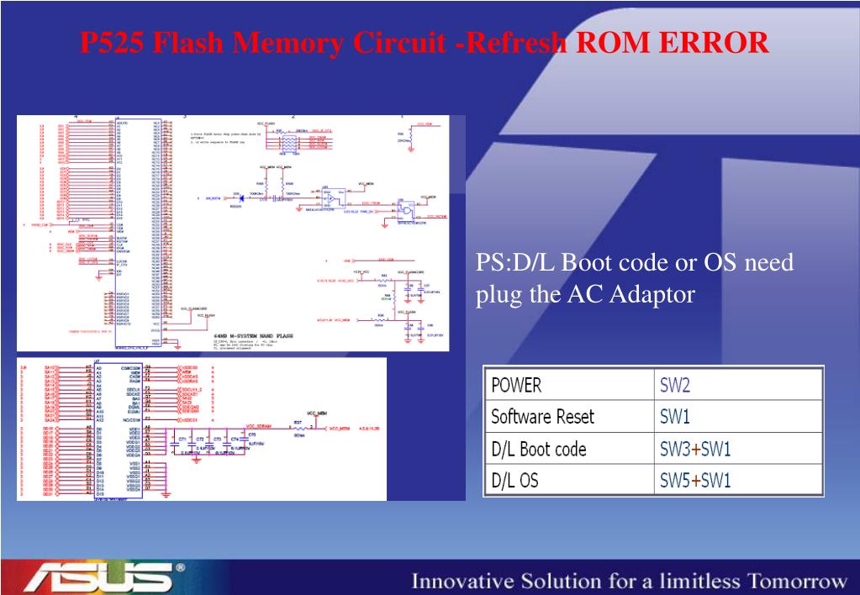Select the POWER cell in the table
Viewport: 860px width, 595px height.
[516, 386]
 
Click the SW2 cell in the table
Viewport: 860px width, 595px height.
[675, 386]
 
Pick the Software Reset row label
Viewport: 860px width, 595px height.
[542, 417]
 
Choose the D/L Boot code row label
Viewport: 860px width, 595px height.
[538, 449]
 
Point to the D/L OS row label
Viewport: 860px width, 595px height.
[516, 481]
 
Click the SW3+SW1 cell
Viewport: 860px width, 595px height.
[695, 449]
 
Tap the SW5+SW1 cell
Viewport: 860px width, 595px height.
[695, 481]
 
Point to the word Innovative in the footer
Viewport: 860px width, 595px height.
[459, 582]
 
